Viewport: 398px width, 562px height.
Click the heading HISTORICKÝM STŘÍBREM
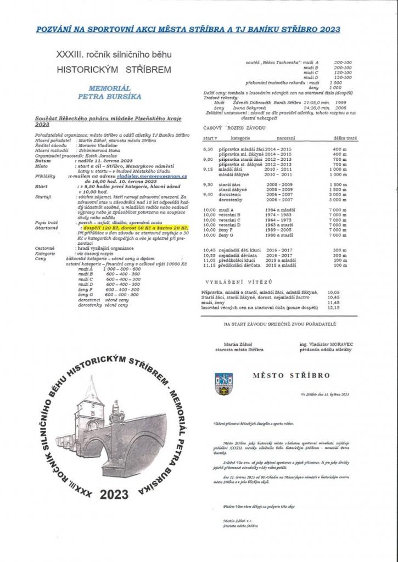[x=114, y=70]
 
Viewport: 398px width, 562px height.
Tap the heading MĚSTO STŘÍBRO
[x=292, y=376]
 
